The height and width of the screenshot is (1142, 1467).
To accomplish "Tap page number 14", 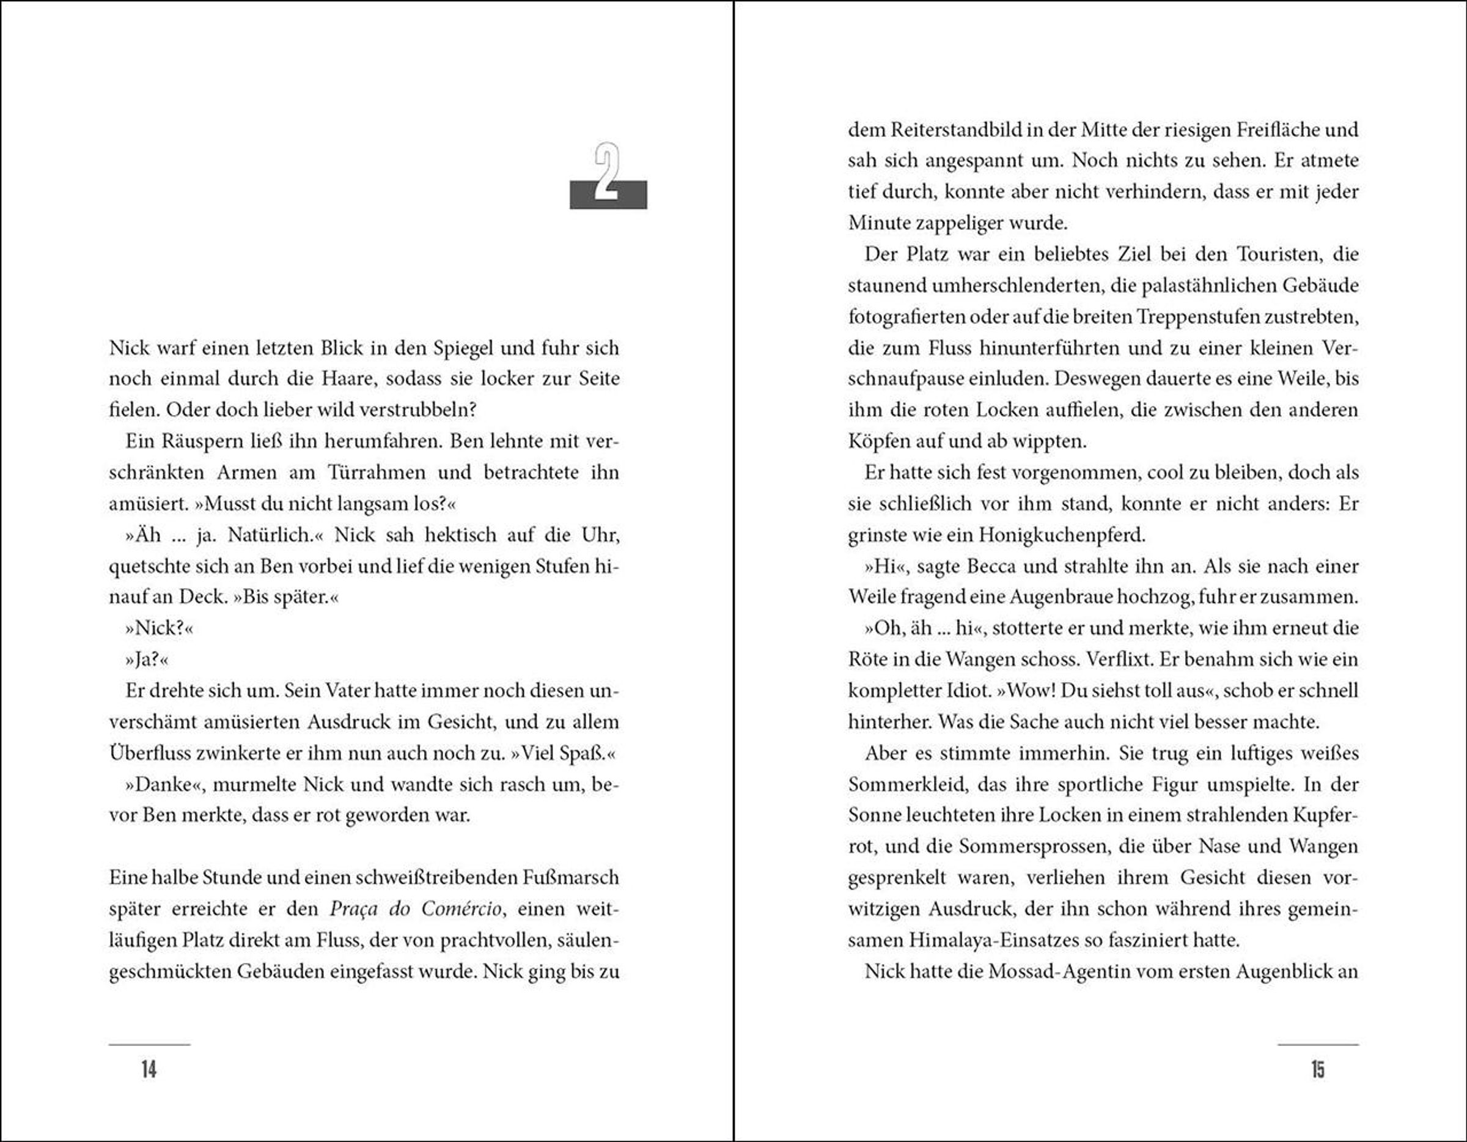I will [x=149, y=1069].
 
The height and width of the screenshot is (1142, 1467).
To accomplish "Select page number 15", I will [x=1318, y=1069].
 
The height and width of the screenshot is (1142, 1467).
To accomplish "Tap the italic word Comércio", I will [x=461, y=910].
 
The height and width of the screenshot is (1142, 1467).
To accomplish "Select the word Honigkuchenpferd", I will [x=1061, y=536].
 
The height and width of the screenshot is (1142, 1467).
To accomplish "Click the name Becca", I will [x=991, y=566].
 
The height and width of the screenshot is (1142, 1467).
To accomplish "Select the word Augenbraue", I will [x=1091, y=597].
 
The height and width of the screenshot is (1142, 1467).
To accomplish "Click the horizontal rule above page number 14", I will [x=149, y=1045].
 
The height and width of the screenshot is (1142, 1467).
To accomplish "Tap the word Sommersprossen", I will [x=1032, y=847].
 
